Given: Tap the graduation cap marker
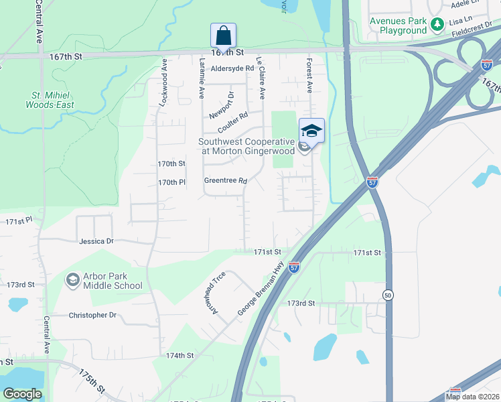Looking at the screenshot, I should pyautogui.click(x=311, y=130).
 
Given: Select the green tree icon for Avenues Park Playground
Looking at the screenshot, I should pyautogui.click(x=437, y=25).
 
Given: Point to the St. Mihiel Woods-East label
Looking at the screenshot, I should pyautogui.click(x=50, y=100).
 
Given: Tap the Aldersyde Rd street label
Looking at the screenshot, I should pyautogui.click(x=232, y=68).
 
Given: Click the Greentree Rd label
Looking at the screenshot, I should pyautogui.click(x=226, y=181).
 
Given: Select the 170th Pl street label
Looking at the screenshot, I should pyautogui.click(x=171, y=182).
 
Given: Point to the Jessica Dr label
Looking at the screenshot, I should pyautogui.click(x=96, y=241).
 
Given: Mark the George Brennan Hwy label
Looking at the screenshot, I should pyautogui.click(x=261, y=289).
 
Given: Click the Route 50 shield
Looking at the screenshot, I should pyautogui.click(x=388, y=295).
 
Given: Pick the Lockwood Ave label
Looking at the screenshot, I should pyautogui.click(x=162, y=82).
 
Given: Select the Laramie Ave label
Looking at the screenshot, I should pyautogui.click(x=201, y=77).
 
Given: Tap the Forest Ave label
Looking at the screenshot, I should pyautogui.click(x=309, y=74).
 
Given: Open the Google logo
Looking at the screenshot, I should pyautogui.click(x=23, y=394).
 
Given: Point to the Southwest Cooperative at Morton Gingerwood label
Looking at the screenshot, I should pyautogui.click(x=248, y=146).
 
